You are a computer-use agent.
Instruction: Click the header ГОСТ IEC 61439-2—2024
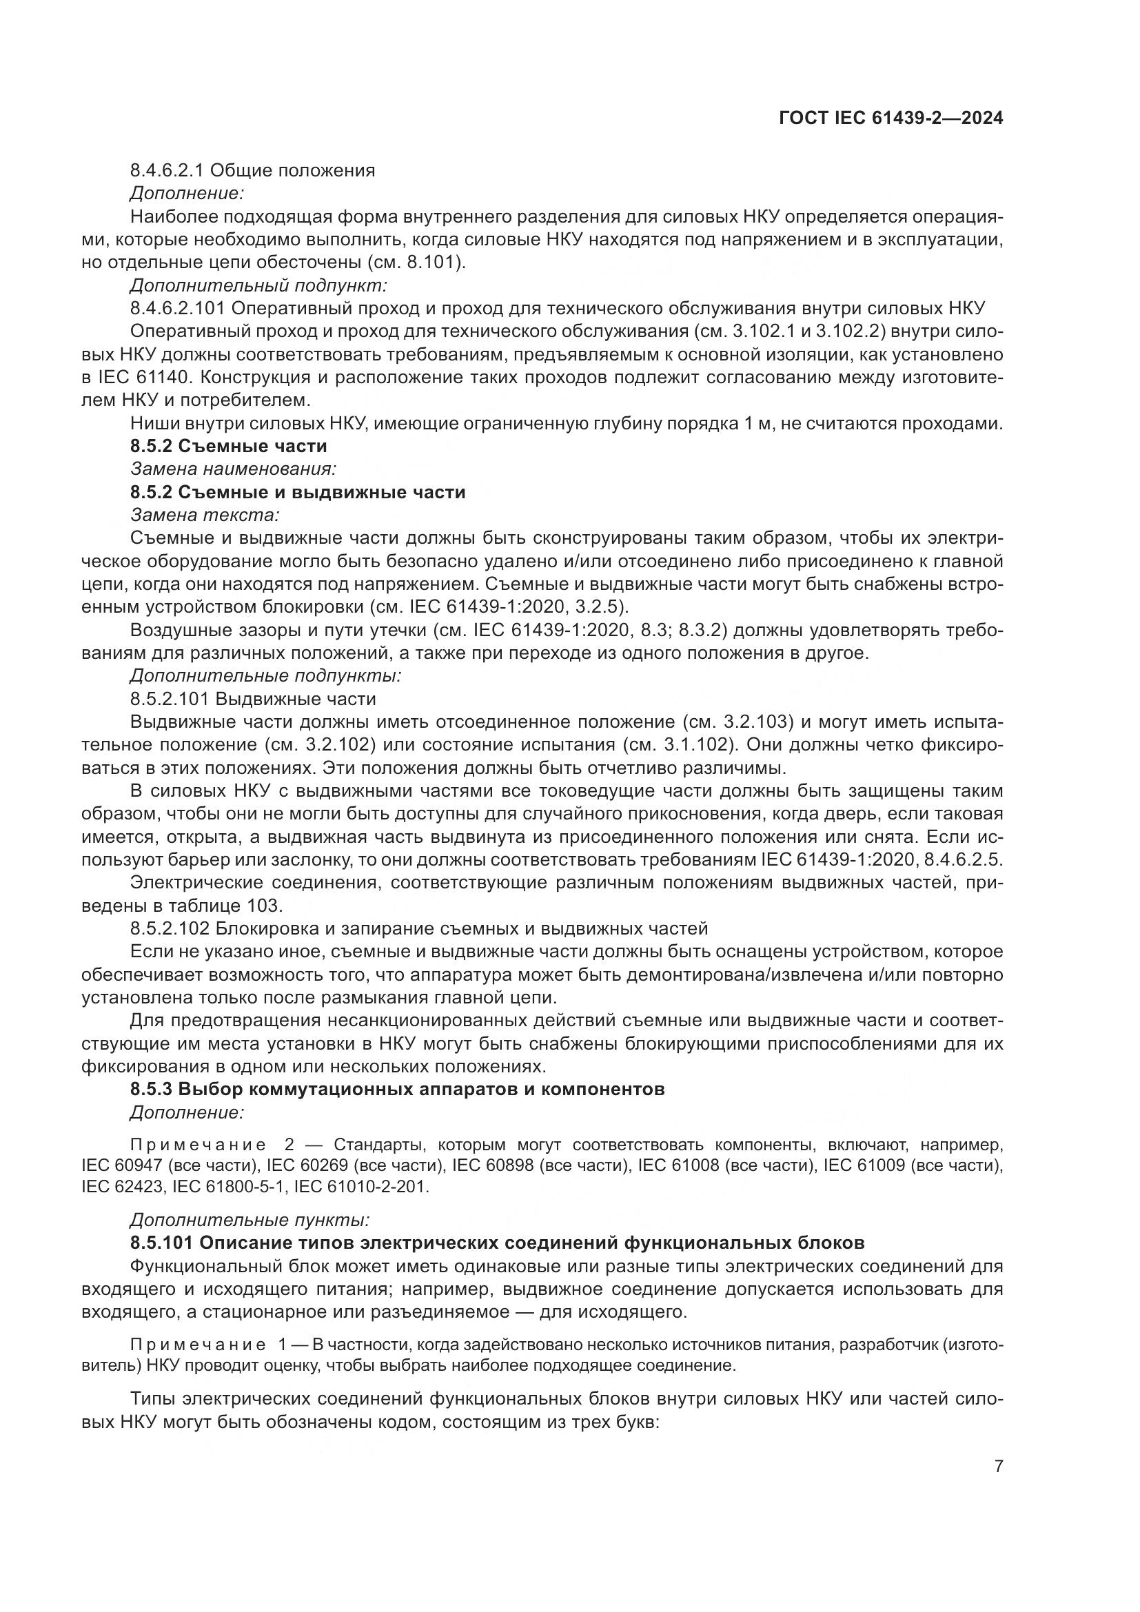pos(890,118)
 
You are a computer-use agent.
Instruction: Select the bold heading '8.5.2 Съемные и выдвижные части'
pos(298,491)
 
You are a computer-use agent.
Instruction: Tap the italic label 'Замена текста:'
pos(205,515)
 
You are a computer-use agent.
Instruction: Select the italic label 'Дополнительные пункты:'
pos(250,1220)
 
